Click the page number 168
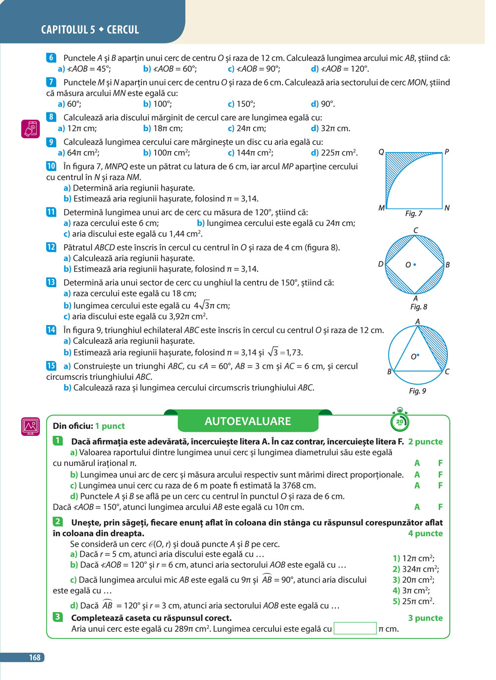tap(34, 657)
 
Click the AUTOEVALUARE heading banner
tap(248, 421)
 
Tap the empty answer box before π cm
tap(355, 628)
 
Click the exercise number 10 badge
tap(51, 166)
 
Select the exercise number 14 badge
tap(51, 330)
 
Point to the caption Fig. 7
tap(414, 213)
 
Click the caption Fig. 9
tap(417, 391)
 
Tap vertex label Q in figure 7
tap(381, 152)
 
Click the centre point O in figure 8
tap(415, 264)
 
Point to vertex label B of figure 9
tap(389, 371)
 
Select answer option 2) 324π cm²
tap(416, 569)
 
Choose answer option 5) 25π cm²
tap(413, 601)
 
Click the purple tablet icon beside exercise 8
tap(31, 129)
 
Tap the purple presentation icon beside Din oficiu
tap(31, 426)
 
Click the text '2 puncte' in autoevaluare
tap(425, 441)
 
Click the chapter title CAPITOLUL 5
tap(68, 30)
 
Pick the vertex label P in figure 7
tap(447, 152)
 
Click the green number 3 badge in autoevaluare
tap(58, 617)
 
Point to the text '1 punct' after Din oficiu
tap(110, 426)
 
